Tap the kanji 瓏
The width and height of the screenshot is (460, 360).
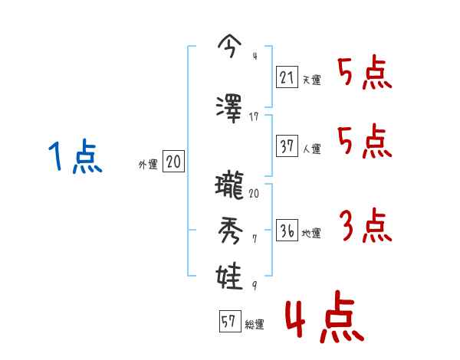(x=230, y=186)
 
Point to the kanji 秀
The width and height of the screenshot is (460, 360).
(x=230, y=229)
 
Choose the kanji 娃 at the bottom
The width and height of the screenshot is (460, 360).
(x=230, y=274)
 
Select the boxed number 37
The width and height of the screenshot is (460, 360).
(x=287, y=146)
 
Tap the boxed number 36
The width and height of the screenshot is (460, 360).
(x=287, y=230)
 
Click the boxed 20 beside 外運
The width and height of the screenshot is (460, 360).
(x=173, y=162)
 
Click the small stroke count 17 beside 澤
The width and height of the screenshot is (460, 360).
(x=255, y=116)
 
